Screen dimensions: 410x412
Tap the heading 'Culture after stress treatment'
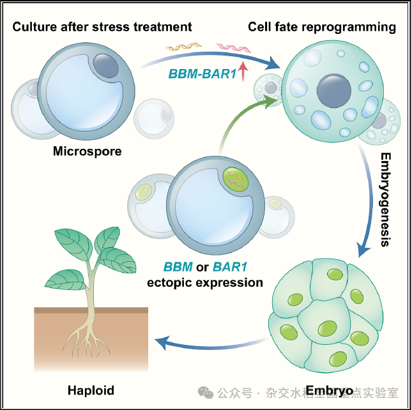[x=102, y=27]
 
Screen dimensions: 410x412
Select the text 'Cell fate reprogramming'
[x=322, y=27]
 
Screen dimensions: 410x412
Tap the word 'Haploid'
[x=90, y=390]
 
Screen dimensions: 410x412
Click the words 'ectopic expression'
[x=205, y=282]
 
